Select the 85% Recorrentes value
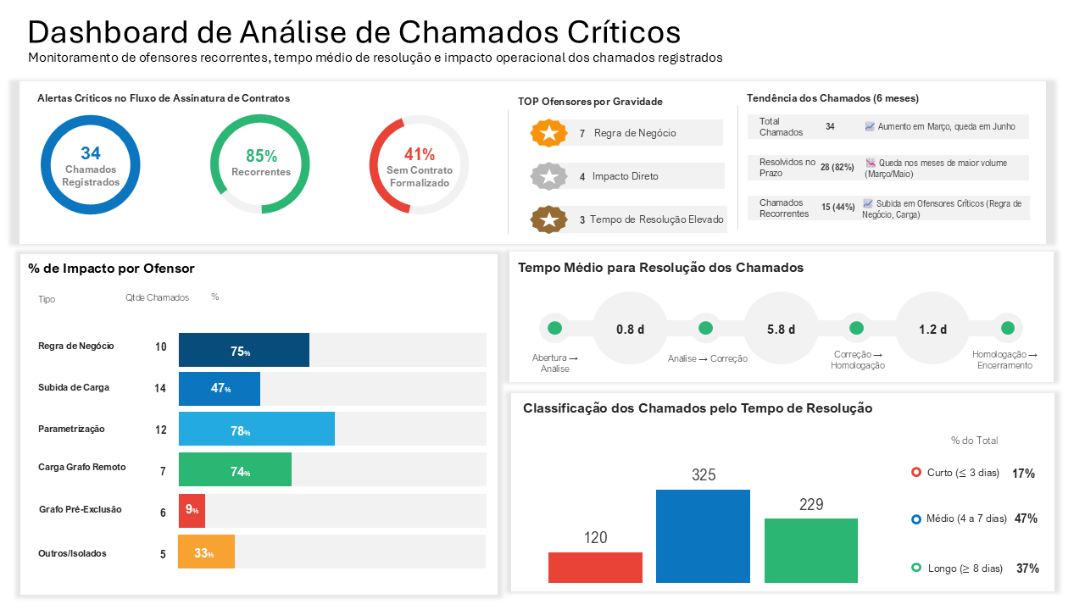[x=261, y=156]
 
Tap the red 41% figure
[x=419, y=154]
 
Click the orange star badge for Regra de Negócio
[x=548, y=133]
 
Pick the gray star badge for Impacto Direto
[x=548, y=176]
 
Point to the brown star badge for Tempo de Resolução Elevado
[x=548, y=219]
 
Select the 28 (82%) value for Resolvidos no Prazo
[x=837, y=168]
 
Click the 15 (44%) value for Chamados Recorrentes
[x=837, y=208]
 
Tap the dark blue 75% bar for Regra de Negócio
[x=243, y=350]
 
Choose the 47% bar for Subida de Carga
[x=219, y=388]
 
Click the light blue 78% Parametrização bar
[x=256, y=430]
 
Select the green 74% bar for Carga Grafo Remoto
[x=235, y=469]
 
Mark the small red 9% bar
[x=192, y=511]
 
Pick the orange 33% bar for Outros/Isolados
[x=206, y=552]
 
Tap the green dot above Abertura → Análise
[x=554, y=328]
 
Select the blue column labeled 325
[x=703, y=536]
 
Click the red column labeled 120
[x=595, y=568]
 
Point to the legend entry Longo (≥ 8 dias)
[x=965, y=568]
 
